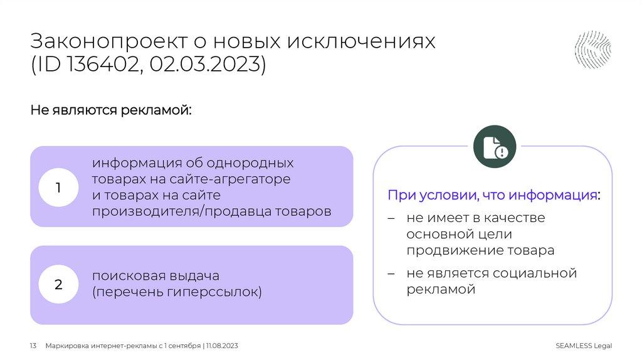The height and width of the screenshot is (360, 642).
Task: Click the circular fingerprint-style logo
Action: click(x=593, y=50)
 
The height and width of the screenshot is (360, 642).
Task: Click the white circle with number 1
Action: click(x=58, y=187)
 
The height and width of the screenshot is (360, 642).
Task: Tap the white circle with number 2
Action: click(x=58, y=285)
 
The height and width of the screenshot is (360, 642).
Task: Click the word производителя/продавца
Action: click(x=176, y=211)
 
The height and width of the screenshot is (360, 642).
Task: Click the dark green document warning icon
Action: click(x=494, y=147)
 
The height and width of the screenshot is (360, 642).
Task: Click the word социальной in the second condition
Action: click(x=534, y=273)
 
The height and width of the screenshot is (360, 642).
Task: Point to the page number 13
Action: click(x=34, y=346)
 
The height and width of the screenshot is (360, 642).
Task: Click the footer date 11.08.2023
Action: click(x=222, y=346)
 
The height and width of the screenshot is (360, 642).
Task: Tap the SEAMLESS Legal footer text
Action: click(x=583, y=346)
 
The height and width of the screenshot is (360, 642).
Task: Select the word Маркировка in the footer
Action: click(x=68, y=346)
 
